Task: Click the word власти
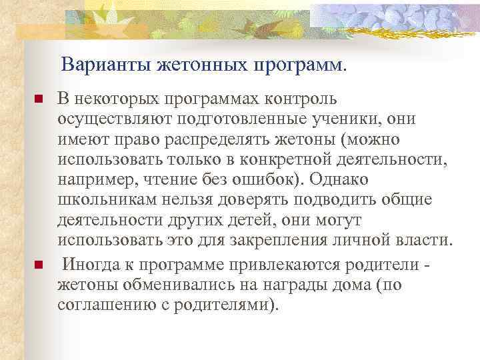[x=426, y=241]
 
